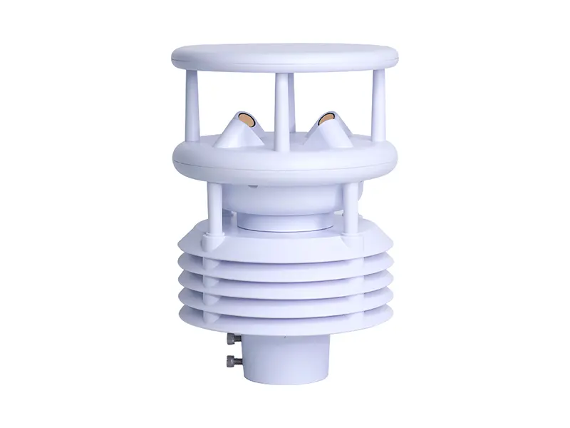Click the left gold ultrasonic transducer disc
coord(246,118)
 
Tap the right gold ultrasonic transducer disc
coord(327,118)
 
